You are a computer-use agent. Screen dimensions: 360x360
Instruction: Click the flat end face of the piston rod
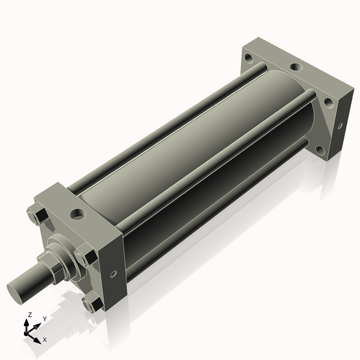[16, 292]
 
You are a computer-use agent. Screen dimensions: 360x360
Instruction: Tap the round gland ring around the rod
[64, 247]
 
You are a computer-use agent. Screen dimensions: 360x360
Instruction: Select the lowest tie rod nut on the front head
[92, 304]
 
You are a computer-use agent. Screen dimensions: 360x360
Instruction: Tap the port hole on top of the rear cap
[295, 68]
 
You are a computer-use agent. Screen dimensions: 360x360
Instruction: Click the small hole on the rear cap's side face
[340, 126]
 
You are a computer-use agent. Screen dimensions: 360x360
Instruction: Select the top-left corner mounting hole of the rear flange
[248, 58]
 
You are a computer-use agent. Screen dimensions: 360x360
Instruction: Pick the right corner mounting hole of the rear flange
[328, 102]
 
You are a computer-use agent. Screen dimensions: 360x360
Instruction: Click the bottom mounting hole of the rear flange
[319, 149]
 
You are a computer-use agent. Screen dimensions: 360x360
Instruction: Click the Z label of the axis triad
[30, 314]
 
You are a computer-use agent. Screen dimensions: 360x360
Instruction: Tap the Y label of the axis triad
[44, 319]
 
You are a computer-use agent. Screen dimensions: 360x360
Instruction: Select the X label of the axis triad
[44, 340]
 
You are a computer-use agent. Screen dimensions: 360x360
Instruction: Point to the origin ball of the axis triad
[28, 329]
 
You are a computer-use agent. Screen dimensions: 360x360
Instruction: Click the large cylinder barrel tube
[198, 156]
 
